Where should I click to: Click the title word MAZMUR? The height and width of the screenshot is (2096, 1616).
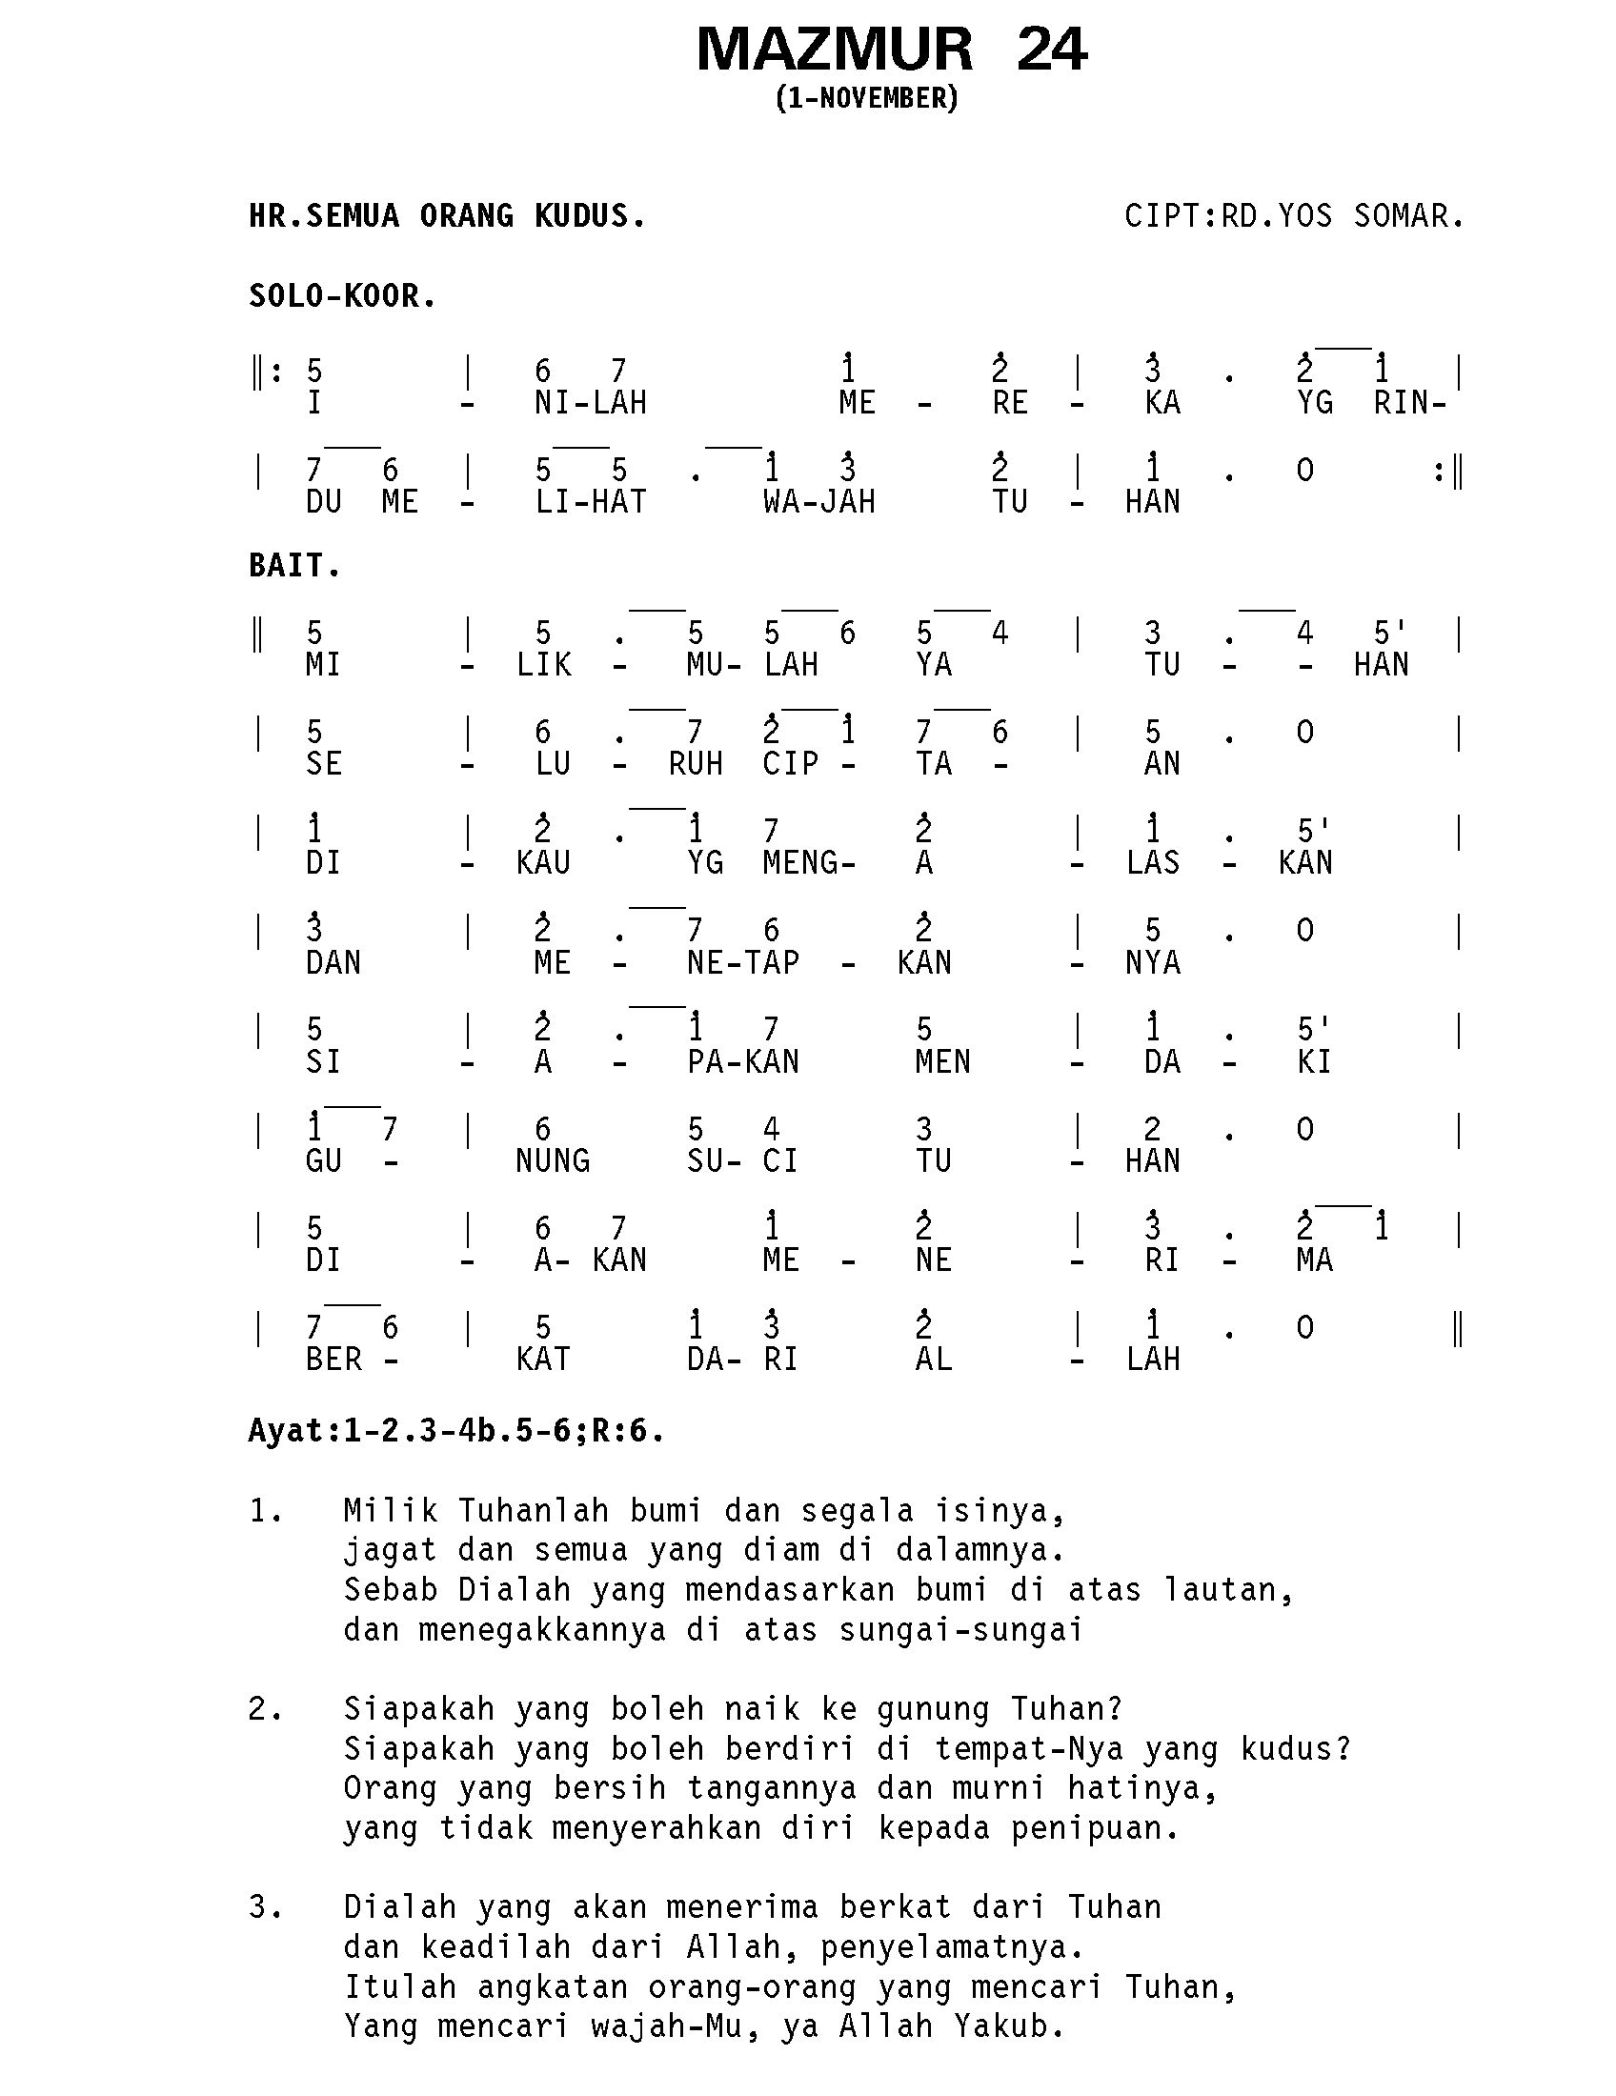click(x=834, y=50)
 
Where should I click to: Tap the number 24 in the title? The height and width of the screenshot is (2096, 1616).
click(x=1051, y=50)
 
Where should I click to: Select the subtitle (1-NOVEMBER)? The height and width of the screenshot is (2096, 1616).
click(x=866, y=98)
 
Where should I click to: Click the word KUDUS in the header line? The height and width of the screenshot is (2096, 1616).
click(x=589, y=216)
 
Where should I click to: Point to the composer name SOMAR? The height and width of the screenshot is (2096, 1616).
click(x=1407, y=216)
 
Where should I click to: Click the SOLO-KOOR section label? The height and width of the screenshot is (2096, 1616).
click(x=342, y=296)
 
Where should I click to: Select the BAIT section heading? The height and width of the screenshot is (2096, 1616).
click(x=293, y=566)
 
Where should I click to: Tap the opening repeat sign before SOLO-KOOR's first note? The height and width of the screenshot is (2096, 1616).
click(x=266, y=372)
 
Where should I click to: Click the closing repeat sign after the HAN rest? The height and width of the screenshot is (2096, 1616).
click(x=1448, y=472)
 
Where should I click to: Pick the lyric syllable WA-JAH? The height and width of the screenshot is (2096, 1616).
click(x=818, y=502)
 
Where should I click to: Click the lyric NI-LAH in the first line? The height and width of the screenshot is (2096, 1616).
click(x=590, y=403)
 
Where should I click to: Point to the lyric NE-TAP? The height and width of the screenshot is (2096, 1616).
click(x=743, y=962)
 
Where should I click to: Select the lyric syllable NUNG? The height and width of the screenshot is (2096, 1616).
click(x=552, y=1161)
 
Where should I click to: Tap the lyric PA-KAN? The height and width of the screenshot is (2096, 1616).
click(x=743, y=1062)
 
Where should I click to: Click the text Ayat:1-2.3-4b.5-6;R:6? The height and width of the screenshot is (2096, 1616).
click(x=455, y=1431)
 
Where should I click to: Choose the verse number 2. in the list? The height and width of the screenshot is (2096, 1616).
click(x=265, y=1709)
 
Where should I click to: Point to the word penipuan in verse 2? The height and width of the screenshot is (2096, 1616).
click(x=1095, y=1828)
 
